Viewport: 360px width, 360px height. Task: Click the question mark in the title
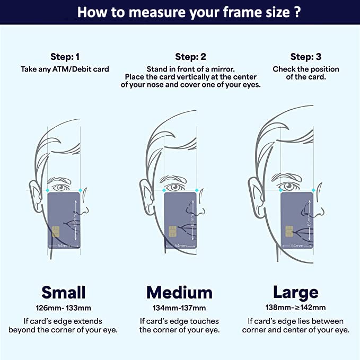click(297, 12)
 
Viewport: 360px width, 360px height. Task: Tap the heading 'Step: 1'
click(65, 57)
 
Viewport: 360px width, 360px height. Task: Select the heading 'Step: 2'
click(190, 57)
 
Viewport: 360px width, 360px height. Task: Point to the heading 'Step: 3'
click(306, 57)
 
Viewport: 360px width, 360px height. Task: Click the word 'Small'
click(64, 292)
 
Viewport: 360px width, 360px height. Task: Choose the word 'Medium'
click(180, 293)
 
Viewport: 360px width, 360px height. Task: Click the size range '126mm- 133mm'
click(64, 308)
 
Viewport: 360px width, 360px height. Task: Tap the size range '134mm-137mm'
click(179, 308)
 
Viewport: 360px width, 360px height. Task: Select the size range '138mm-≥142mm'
click(296, 308)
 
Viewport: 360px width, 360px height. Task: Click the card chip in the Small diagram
click(56, 231)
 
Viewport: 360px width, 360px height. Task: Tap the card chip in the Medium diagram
click(173, 231)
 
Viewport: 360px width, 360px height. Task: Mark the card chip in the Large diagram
click(289, 231)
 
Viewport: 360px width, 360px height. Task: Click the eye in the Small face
click(60, 187)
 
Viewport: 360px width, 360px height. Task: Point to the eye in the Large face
click(288, 186)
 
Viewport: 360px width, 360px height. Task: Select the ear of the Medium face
click(147, 196)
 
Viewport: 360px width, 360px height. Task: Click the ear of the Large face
click(256, 197)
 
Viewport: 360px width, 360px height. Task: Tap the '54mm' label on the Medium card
click(180, 245)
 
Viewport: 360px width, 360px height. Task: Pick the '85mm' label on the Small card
click(75, 221)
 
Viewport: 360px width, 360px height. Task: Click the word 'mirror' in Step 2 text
click(223, 69)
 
